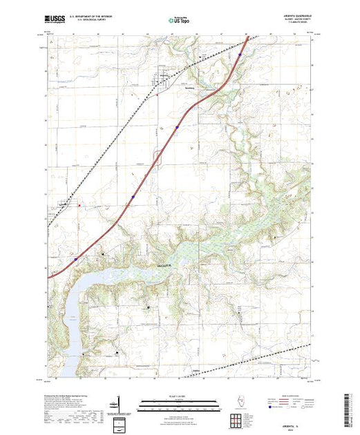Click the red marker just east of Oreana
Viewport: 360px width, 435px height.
(80, 204)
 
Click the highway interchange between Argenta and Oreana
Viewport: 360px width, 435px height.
(176, 127)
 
